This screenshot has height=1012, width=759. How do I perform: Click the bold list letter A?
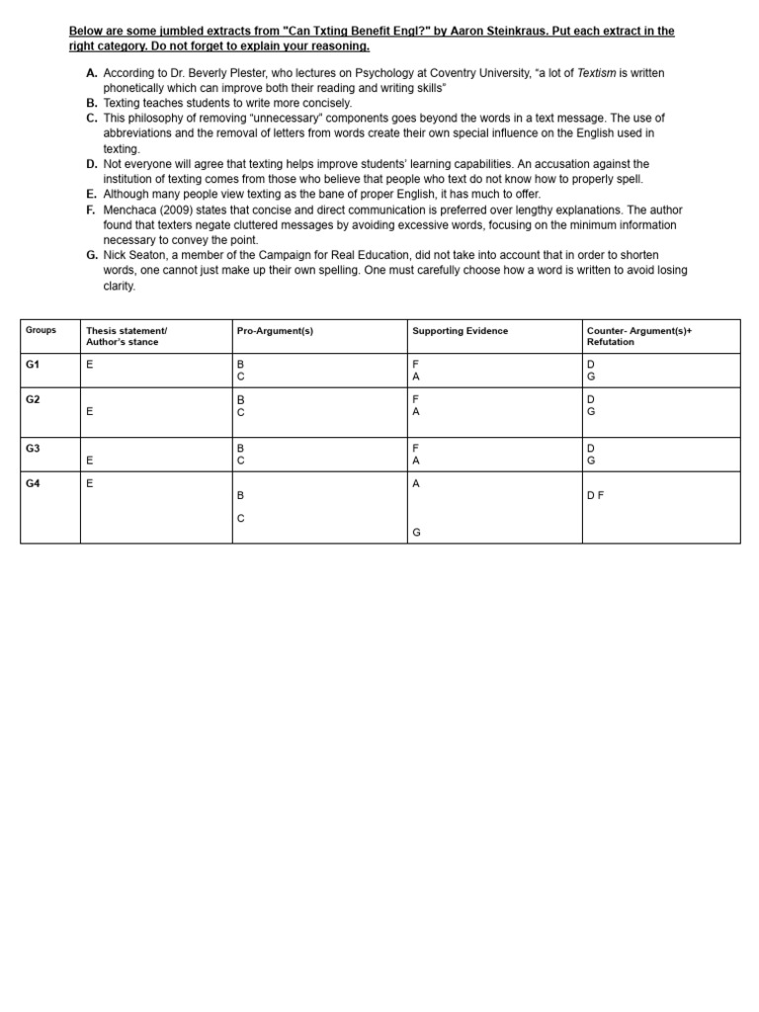pyautogui.click(x=92, y=73)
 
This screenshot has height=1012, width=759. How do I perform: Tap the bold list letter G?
pyautogui.click(x=92, y=255)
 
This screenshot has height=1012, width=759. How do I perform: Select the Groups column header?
pyautogui.click(x=41, y=330)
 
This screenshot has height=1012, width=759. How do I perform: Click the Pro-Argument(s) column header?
pyautogui.click(x=275, y=331)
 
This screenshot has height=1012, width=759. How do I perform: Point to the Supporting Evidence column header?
pyautogui.click(x=460, y=331)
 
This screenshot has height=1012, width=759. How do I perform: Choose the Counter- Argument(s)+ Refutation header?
pyautogui.click(x=638, y=336)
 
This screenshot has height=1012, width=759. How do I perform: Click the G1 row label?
pyautogui.click(x=33, y=365)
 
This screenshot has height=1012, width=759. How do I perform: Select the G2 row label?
pyautogui.click(x=33, y=398)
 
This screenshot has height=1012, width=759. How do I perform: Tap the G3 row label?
pyautogui.click(x=33, y=449)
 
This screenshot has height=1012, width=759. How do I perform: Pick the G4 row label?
pyautogui.click(x=33, y=483)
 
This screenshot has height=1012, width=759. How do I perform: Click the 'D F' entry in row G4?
pyautogui.click(x=596, y=495)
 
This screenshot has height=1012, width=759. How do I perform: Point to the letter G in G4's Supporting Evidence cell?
pyautogui.click(x=416, y=533)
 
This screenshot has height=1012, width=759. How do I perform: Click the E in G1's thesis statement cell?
pyautogui.click(x=90, y=365)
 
